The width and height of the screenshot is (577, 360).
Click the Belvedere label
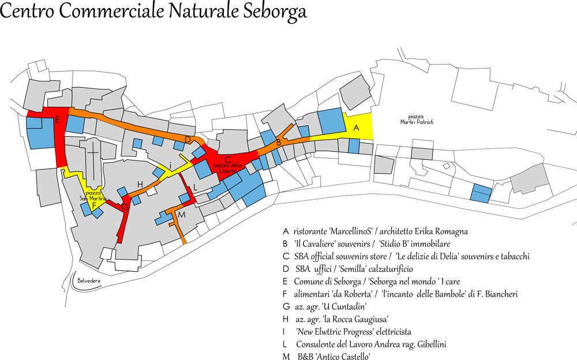pos(89,280)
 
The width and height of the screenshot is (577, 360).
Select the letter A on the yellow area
pos(356,128)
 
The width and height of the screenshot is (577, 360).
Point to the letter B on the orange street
pos(278,142)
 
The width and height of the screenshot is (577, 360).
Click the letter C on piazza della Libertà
pos(228,159)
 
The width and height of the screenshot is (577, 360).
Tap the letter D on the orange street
pos(188,140)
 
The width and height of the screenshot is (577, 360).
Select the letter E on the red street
pos(58,120)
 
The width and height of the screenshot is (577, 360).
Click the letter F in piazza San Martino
pos(94,205)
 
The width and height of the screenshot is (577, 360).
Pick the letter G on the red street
pos(125,207)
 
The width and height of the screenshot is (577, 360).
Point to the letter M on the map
pos(181,215)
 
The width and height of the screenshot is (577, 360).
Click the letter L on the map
pos(195,187)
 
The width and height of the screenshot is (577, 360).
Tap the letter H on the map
pos(140,184)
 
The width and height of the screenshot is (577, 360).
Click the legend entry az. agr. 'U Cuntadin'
pos(325,307)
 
